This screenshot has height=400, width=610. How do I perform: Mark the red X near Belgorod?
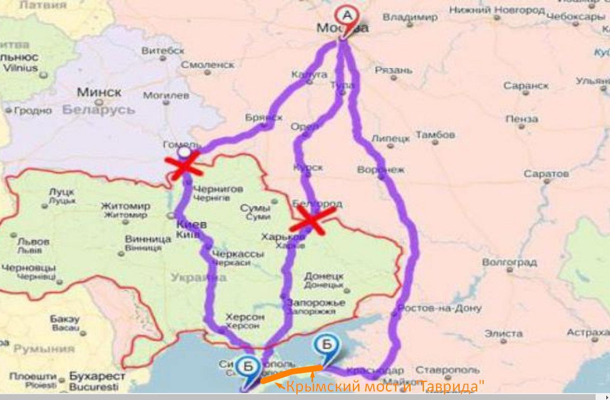313,219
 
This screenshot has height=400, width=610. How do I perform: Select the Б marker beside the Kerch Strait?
325,345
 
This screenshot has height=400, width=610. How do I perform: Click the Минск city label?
99,92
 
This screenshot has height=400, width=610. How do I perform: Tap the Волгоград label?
509,262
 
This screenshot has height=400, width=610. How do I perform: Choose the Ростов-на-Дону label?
439,308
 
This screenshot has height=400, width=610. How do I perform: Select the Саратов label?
546,174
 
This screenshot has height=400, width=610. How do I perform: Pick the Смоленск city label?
207,65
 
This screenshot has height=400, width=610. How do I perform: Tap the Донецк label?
324,276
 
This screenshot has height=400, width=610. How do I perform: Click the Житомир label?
125,206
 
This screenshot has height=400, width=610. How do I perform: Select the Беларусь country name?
99,110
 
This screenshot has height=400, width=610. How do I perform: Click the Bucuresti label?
94,386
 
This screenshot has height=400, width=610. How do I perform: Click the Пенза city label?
521,119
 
